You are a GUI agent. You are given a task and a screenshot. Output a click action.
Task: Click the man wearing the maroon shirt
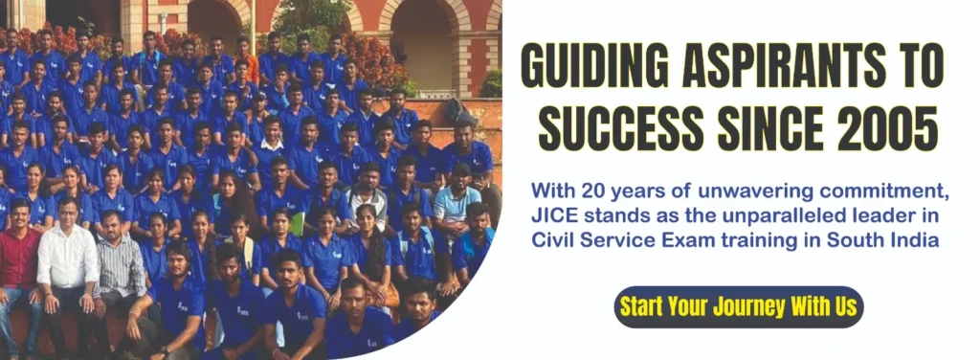(18, 262)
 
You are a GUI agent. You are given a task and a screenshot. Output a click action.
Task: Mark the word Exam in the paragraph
(702, 240)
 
